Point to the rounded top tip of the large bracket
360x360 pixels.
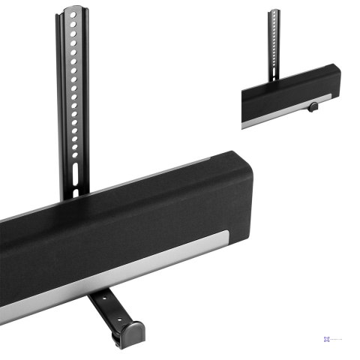click(x=73, y=10)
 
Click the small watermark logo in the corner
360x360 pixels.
click(x=328, y=339)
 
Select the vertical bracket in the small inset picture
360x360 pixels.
click(x=274, y=41)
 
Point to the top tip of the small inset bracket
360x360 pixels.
click(x=275, y=11)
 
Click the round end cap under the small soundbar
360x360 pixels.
click(x=311, y=107)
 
